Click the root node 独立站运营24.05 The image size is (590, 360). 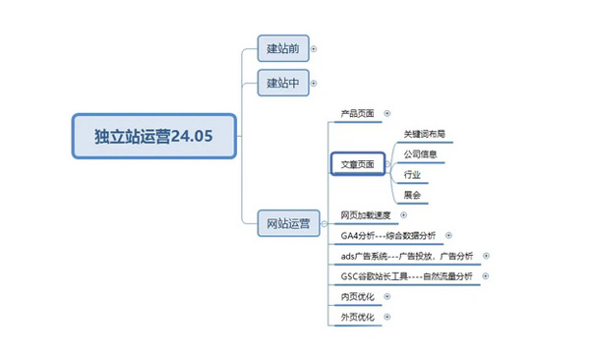[x=154, y=136]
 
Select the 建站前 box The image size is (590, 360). [x=283, y=47]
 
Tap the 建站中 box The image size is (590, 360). [x=283, y=83]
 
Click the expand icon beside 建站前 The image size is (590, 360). [x=314, y=47]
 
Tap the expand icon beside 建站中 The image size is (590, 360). [x=314, y=83]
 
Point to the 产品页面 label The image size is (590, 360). [x=357, y=114]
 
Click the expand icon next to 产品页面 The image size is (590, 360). [x=386, y=114]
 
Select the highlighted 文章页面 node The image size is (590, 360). [x=357, y=164]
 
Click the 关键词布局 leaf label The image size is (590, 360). [x=425, y=133]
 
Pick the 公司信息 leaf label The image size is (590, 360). [x=421, y=153]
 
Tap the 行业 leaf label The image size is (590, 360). [x=412, y=174]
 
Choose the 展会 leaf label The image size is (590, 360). [x=412, y=195]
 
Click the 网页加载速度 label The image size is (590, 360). [x=366, y=215]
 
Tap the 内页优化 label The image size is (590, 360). [x=357, y=296]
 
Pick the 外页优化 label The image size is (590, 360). [x=357, y=317]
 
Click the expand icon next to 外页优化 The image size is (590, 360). [x=387, y=317]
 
